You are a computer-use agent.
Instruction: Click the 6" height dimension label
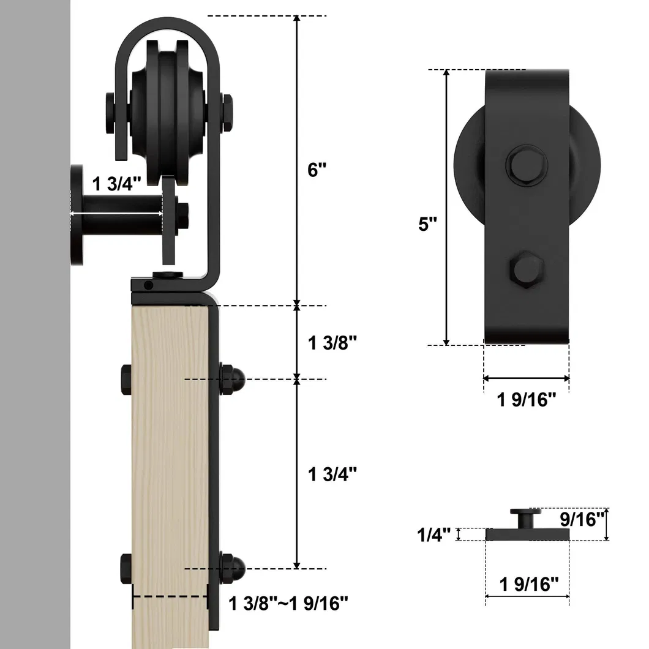318,170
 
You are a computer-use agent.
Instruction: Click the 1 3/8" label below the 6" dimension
332,343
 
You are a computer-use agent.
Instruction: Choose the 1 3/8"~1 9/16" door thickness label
288,603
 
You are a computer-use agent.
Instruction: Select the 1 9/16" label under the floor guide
529,584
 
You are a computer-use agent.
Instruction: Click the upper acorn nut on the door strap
233,380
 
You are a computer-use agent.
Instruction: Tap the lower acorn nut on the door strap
233,568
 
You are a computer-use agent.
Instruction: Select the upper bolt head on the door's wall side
127,380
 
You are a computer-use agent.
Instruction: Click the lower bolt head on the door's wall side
127,568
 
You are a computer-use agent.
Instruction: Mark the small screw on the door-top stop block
148,285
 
